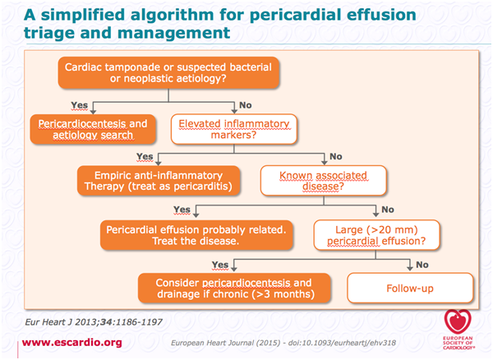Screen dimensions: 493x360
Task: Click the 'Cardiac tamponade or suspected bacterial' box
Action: (x=168, y=72)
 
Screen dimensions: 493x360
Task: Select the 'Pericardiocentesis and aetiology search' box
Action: (x=93, y=129)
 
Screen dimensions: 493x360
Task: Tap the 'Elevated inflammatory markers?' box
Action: (x=234, y=129)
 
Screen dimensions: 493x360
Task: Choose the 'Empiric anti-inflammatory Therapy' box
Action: (x=159, y=181)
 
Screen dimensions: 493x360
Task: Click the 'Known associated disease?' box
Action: (x=323, y=181)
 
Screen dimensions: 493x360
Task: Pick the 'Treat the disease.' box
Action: (x=196, y=235)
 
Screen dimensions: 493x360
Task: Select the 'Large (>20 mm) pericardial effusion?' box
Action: (x=376, y=235)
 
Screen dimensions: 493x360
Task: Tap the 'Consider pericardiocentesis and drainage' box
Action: (x=234, y=288)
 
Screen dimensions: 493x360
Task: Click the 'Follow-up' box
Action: (x=410, y=288)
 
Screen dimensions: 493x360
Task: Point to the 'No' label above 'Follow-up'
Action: (x=422, y=265)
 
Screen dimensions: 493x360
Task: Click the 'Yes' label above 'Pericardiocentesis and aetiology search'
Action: (x=79, y=105)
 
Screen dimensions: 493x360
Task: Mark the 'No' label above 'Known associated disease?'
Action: (x=336, y=156)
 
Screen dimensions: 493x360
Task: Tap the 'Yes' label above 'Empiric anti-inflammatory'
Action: (x=145, y=156)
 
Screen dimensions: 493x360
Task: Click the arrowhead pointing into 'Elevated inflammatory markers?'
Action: (x=234, y=111)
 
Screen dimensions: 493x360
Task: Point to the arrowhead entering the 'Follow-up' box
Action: (x=410, y=268)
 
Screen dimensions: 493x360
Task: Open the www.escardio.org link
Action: (x=72, y=343)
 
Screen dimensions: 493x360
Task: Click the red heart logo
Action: (x=458, y=321)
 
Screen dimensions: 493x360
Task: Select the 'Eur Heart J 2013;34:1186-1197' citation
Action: (x=94, y=322)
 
